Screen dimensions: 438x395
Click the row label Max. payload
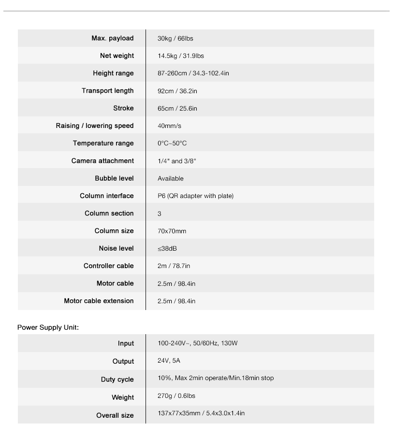(x=112, y=38)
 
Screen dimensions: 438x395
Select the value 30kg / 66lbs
(x=175, y=38)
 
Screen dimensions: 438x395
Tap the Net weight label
(x=117, y=56)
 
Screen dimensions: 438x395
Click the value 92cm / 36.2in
(x=177, y=91)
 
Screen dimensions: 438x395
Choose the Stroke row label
(x=123, y=108)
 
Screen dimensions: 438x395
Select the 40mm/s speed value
(x=169, y=126)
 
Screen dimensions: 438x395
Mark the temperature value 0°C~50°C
(x=172, y=143)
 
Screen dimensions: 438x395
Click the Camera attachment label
(x=102, y=161)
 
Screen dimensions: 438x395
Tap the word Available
(x=171, y=179)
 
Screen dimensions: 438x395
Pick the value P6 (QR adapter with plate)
(x=195, y=196)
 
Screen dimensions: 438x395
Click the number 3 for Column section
(x=160, y=213)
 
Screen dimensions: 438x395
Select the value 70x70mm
(x=172, y=231)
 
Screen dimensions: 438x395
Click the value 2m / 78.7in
(x=174, y=266)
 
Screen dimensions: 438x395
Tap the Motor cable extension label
(x=99, y=301)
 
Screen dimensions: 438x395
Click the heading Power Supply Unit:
(x=48, y=327)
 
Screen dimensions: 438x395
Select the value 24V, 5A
(x=169, y=361)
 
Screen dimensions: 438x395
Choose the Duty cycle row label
(x=117, y=380)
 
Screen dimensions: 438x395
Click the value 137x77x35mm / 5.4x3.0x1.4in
(x=201, y=413)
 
